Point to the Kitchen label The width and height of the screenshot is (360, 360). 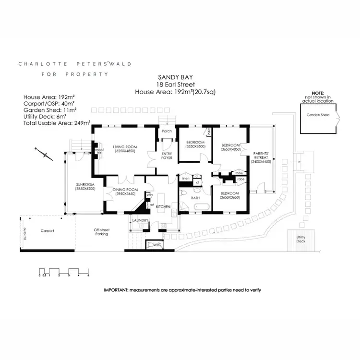click(163, 206)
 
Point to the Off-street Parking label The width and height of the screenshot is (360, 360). click(102, 233)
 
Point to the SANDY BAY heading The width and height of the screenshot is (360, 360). click(172, 77)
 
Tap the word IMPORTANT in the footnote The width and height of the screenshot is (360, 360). click(116, 290)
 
